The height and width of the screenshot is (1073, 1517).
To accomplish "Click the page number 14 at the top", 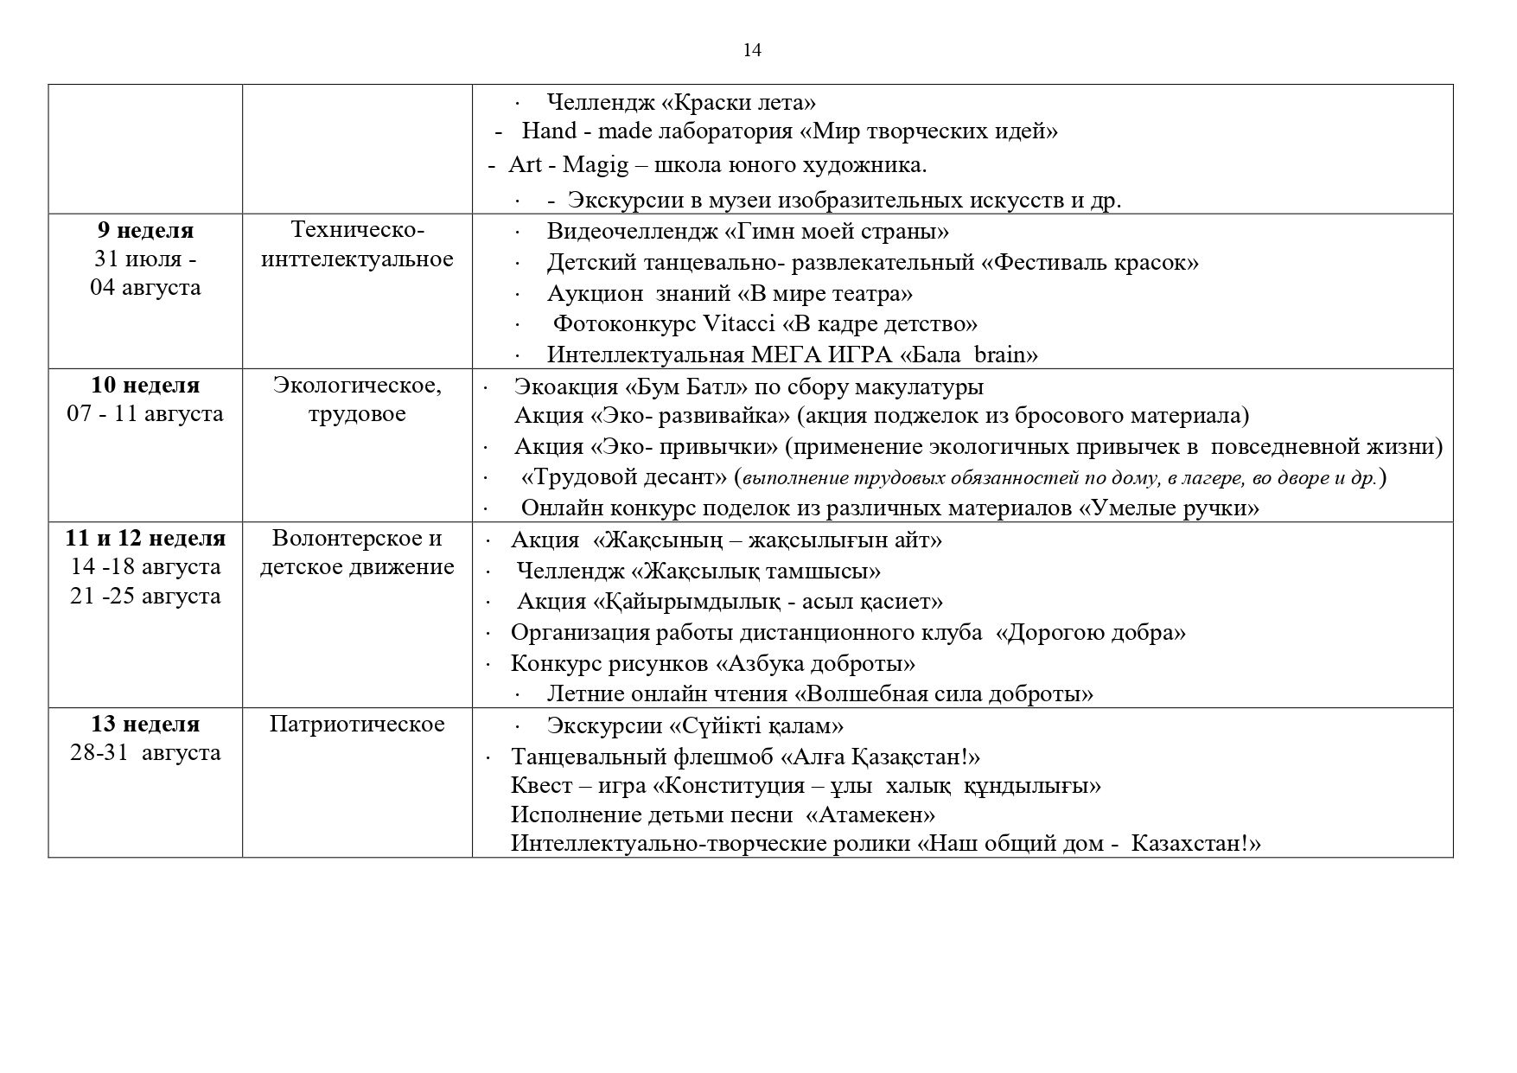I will pos(752,50).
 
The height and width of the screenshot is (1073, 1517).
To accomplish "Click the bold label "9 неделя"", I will pos(145,231).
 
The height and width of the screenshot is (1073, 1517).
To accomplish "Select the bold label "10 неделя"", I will pos(145,385).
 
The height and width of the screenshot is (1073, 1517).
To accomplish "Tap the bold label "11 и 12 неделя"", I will pos(145,539).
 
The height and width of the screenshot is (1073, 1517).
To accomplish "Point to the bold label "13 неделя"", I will pos(145,724).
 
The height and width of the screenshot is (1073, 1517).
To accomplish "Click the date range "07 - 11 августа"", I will pos(145,413).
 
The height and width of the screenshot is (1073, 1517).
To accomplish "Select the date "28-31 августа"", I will pos(145,752).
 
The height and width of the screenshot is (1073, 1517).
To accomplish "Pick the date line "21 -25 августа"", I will pos(145,596).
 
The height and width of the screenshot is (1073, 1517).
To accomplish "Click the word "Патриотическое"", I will pos(357,724).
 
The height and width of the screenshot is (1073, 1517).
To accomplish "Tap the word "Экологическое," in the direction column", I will pos(357,385).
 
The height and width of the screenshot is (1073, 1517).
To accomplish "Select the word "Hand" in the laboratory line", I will pos(549,131).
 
